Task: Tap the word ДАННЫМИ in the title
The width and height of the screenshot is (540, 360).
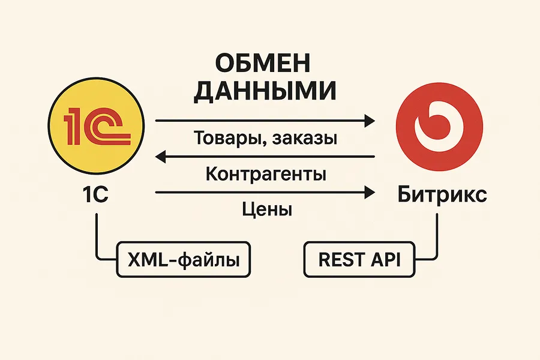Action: [x=266, y=91]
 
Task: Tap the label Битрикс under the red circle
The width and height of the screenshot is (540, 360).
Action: [x=442, y=196]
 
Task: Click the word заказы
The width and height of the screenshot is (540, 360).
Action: [x=304, y=139]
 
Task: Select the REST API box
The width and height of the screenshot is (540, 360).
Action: [x=358, y=261]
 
